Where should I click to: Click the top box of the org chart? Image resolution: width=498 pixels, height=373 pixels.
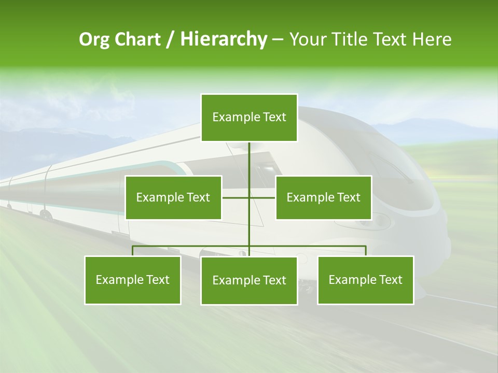(x=249, y=118)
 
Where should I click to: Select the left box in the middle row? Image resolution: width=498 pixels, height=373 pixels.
(x=173, y=197)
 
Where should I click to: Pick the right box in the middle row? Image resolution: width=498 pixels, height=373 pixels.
(x=323, y=197)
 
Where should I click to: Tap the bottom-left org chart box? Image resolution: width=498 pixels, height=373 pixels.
(x=133, y=280)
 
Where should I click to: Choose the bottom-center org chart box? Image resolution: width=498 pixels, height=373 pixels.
(x=249, y=280)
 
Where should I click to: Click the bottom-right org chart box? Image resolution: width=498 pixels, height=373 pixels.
(x=366, y=280)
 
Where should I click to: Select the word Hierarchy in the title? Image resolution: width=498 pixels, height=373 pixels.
(x=223, y=39)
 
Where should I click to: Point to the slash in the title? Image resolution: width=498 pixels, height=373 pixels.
(x=170, y=39)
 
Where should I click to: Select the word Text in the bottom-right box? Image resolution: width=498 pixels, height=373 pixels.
(x=390, y=280)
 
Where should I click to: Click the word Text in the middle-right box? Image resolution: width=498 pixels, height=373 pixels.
(x=348, y=197)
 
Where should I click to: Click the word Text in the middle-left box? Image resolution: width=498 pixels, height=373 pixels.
(x=198, y=197)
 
